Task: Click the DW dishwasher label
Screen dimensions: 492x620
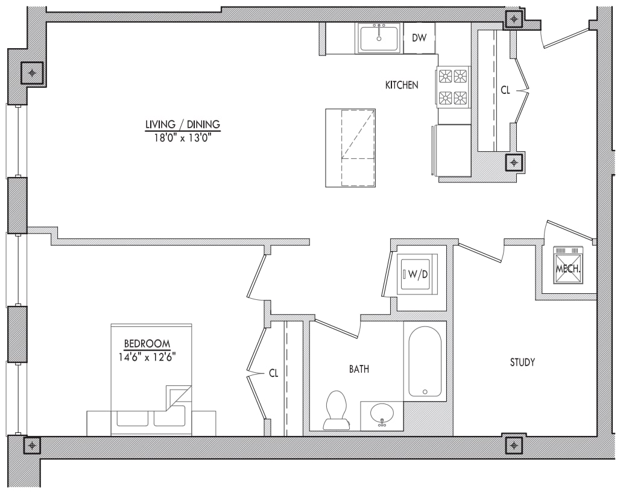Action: [419, 38]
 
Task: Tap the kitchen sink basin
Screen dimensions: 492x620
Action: [379, 38]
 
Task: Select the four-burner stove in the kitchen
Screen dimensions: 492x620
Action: [453, 87]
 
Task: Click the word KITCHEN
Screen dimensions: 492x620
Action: [402, 86]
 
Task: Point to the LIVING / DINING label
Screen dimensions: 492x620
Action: [183, 125]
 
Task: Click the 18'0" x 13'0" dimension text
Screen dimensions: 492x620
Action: [183, 137]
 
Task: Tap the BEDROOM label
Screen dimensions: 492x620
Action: [147, 344]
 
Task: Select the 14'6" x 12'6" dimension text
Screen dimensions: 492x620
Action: [147, 356]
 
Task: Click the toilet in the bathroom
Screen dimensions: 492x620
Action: [335, 409]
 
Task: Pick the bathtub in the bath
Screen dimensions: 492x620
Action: [425, 361]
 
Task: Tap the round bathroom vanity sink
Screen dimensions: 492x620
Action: [381, 414]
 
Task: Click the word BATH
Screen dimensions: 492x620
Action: [359, 369]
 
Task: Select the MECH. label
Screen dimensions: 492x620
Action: [568, 270]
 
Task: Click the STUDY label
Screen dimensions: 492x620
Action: [522, 363]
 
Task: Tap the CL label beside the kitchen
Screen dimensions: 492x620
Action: [505, 90]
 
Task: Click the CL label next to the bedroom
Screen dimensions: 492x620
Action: [274, 373]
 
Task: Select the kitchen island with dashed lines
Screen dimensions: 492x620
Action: [350, 148]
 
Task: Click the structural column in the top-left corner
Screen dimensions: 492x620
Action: [32, 73]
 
